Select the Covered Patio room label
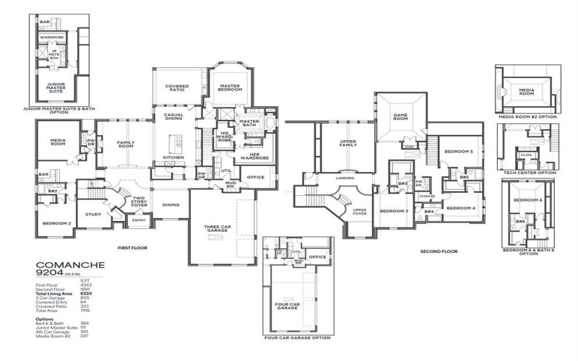(x=177, y=88)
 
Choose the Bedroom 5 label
(x=458, y=152)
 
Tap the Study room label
(x=92, y=214)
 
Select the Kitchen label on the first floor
(x=173, y=157)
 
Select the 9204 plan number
(x=48, y=274)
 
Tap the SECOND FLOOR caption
(x=439, y=251)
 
